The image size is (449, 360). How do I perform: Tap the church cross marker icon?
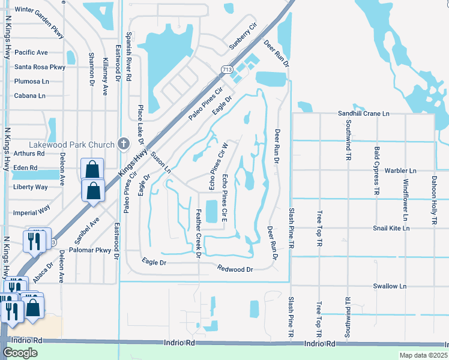pyautogui.click(x=124, y=144)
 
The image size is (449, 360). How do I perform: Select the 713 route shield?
pyautogui.click(x=226, y=70)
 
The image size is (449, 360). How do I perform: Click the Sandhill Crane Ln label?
pyautogui.click(x=363, y=113)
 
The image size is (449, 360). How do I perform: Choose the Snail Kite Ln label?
pyautogui.click(x=391, y=228)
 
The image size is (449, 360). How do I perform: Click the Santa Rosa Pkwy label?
pyautogui.click(x=40, y=67)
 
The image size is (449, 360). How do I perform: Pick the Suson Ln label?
pyautogui.click(x=160, y=163)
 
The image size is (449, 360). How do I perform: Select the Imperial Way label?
pyautogui.click(x=32, y=211)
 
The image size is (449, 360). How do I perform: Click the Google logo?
pyautogui.click(x=20, y=352)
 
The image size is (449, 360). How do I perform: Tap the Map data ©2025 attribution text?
pyautogui.click(x=423, y=355)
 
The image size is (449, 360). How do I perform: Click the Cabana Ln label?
pyautogui.click(x=29, y=95)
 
